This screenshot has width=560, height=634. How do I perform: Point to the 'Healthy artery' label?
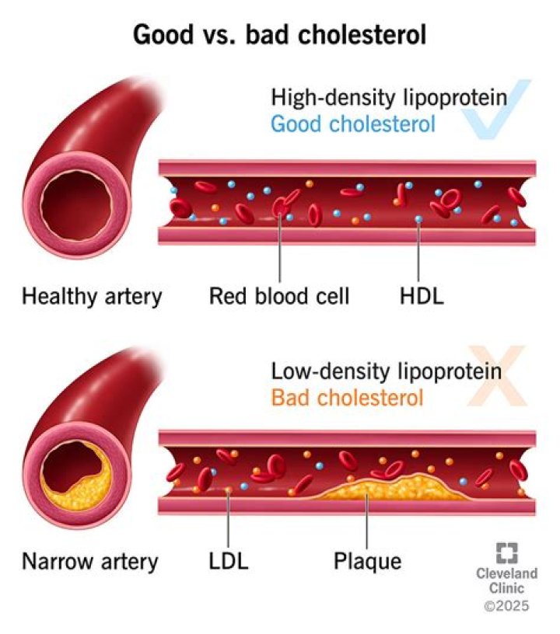[x=92, y=295]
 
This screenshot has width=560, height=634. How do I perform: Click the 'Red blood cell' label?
[x=279, y=295]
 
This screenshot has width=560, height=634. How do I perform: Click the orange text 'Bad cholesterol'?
[x=347, y=398]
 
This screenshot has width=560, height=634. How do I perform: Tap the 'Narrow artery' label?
[x=90, y=561]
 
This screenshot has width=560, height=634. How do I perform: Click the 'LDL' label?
[x=228, y=561]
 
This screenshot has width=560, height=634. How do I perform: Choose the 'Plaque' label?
[x=367, y=561]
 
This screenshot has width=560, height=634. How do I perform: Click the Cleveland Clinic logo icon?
[x=506, y=552]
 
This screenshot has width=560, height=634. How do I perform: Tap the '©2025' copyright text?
[x=506, y=605]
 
